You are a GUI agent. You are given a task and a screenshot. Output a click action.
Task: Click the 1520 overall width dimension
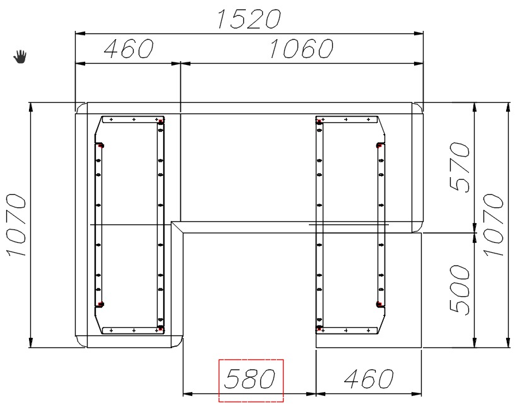[249, 19]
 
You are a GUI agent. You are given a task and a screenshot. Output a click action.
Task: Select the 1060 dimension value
[301, 48]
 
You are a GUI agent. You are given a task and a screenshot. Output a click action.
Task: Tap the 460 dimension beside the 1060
[128, 48]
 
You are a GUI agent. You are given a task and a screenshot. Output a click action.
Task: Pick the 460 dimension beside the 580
[369, 379]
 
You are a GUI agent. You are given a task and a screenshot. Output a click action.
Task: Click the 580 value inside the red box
[250, 379]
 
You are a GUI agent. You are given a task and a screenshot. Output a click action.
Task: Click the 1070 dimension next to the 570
[493, 224]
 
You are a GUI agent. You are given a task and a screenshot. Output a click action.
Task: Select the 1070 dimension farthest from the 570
[16, 224]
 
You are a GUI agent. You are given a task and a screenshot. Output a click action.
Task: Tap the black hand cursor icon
[20, 56]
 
